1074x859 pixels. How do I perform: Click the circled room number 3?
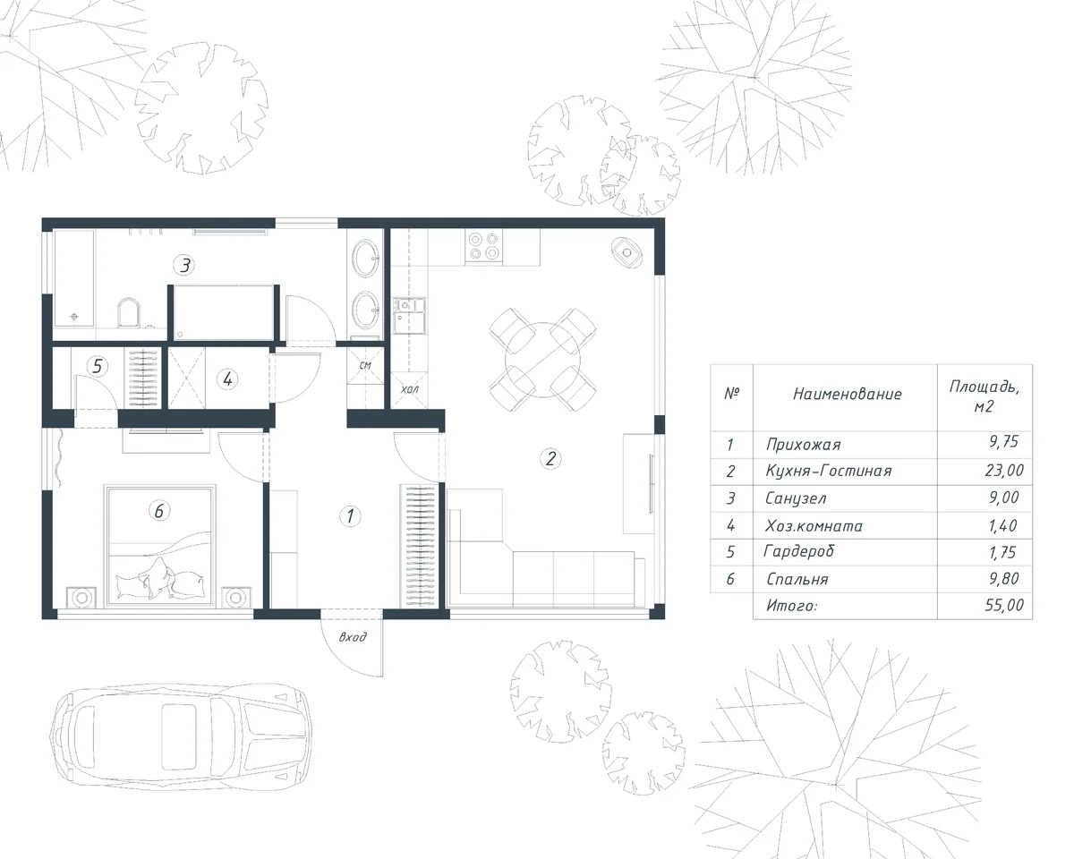(184, 265)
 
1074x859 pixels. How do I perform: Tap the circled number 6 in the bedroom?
(159, 511)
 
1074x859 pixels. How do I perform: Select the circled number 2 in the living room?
(551, 458)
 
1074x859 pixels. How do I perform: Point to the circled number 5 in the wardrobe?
(98, 366)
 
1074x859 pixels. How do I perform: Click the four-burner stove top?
(483, 247)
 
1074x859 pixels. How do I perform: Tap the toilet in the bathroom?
(129, 313)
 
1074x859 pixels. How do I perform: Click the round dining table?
(543, 360)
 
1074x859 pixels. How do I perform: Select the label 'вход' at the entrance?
(353, 637)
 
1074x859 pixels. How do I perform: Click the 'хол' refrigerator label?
(409, 389)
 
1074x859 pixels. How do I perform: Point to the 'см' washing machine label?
(365, 365)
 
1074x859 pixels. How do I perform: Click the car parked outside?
(181, 736)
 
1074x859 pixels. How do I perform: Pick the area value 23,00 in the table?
(1004, 470)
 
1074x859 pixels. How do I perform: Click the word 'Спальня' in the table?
(797, 579)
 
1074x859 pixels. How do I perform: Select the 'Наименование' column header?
(848, 394)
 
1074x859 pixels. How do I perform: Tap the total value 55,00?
(1004, 605)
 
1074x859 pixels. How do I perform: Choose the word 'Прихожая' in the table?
(804, 444)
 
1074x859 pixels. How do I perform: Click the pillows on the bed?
(159, 579)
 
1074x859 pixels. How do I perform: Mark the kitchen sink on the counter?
(409, 316)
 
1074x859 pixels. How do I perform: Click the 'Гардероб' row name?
(798, 551)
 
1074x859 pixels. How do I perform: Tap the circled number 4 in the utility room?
(227, 379)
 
